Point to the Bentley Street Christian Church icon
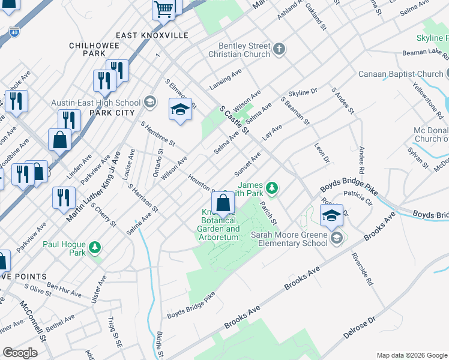tap(279, 49)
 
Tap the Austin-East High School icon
tap(149, 102)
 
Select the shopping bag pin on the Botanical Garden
tap(223, 203)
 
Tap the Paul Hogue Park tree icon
tap(94, 248)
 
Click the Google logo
tap(20, 352)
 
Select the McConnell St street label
tap(32, 321)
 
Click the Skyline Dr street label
tap(303, 92)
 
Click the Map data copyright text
tap(412, 355)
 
